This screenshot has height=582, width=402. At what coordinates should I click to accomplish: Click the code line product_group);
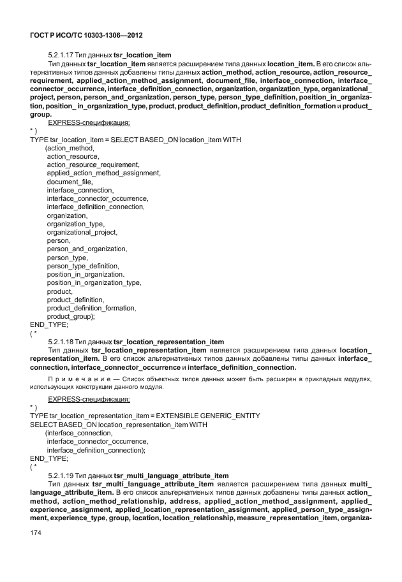pyautogui.click(x=71, y=316)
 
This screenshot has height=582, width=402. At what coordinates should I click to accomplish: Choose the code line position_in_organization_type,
pyautogui.click(x=94, y=282)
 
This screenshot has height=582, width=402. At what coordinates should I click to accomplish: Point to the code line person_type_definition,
pyautogui.click(x=83, y=266)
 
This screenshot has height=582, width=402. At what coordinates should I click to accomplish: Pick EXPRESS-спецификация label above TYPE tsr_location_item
pyautogui.click(x=89, y=122)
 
